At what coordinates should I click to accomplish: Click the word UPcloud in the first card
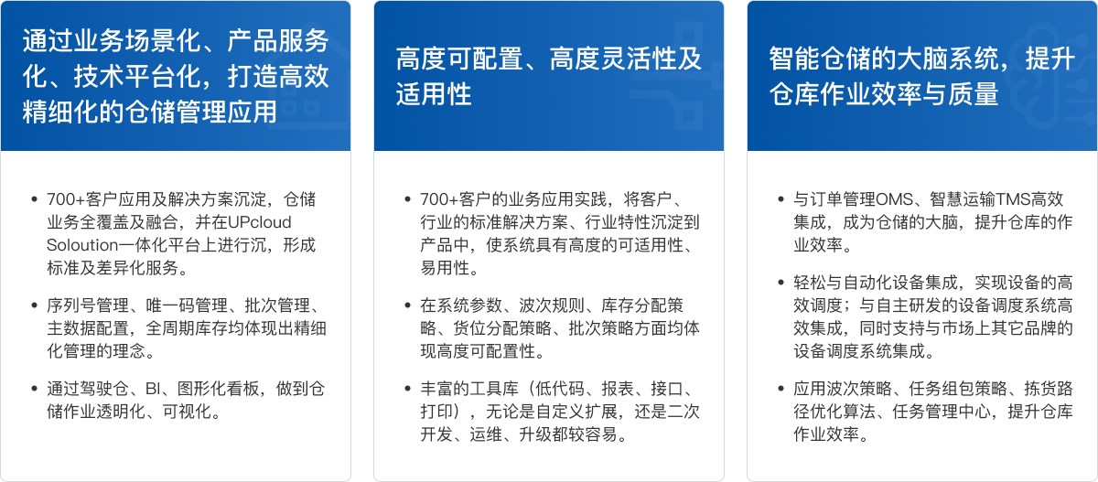(x=260, y=222)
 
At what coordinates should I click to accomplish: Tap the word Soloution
(x=82, y=245)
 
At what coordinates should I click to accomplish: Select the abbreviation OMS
(x=894, y=199)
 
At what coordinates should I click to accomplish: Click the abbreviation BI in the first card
(x=153, y=389)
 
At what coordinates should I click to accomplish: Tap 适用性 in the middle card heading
(x=434, y=94)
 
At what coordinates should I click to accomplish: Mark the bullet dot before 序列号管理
(x=35, y=305)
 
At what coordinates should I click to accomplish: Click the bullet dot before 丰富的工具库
(x=408, y=389)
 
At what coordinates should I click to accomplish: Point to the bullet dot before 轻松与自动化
(x=781, y=283)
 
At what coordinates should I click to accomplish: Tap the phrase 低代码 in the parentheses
(x=560, y=389)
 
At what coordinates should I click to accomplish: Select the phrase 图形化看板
(x=218, y=389)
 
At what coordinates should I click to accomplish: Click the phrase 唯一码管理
(x=187, y=305)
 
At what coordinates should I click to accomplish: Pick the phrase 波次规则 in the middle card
(x=552, y=305)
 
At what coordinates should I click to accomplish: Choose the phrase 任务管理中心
(x=942, y=412)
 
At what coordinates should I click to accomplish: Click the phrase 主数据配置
(x=88, y=328)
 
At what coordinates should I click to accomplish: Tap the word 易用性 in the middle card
(x=445, y=268)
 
